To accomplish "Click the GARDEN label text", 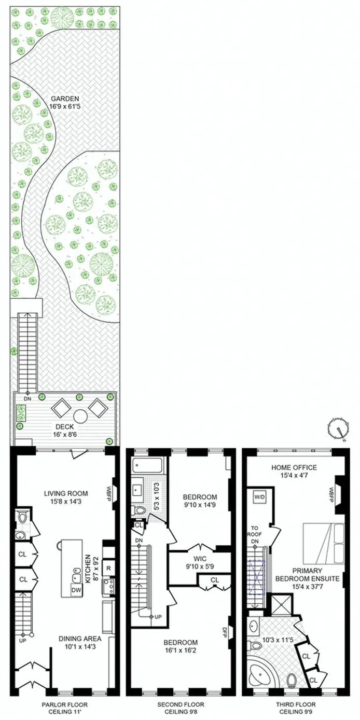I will pyautogui.click(x=65, y=98).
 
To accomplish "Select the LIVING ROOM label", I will pyautogui.click(x=65, y=493).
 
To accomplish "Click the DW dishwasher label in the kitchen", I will pyautogui.click(x=76, y=590).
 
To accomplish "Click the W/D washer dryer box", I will pyautogui.click(x=259, y=497).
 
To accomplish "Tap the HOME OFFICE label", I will pyautogui.click(x=294, y=467).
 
